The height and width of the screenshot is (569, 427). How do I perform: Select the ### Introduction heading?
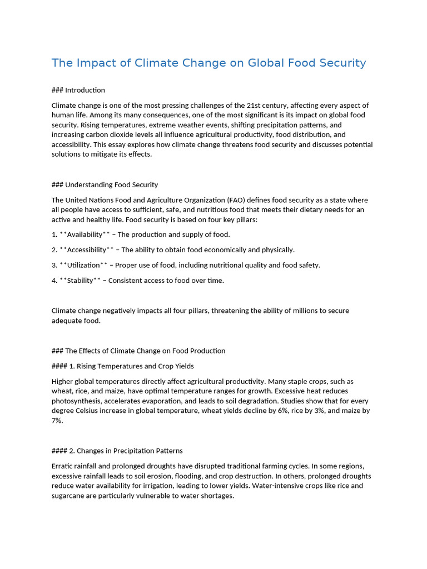[x=78, y=90]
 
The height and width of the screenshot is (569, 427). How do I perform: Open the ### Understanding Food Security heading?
[x=105, y=184]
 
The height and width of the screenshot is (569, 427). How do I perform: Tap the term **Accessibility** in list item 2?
[x=86, y=250]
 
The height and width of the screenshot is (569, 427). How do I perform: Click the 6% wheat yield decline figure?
[x=288, y=411]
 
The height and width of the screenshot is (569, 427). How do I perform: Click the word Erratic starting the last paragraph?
[x=63, y=466]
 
